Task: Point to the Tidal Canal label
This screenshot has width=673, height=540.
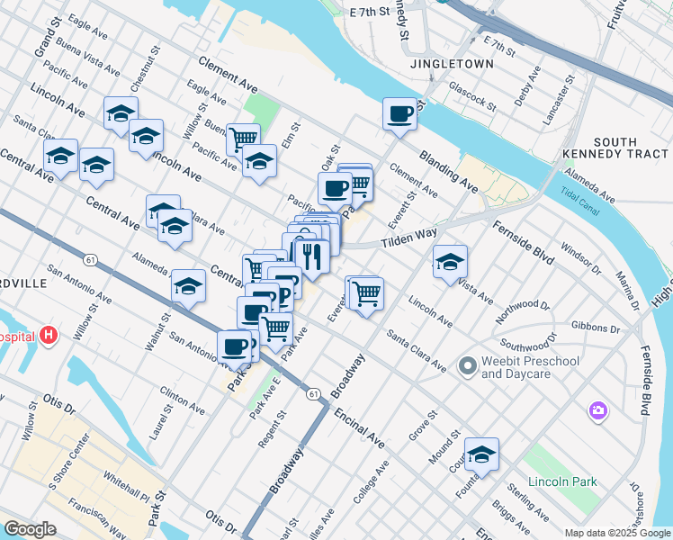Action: click(578, 196)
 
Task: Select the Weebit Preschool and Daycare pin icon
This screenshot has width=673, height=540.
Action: click(467, 366)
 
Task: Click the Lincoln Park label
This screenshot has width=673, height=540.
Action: click(562, 481)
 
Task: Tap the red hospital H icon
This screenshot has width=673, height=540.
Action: click(49, 337)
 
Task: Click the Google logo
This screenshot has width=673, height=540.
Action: click(30, 529)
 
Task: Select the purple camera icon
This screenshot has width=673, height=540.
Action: click(597, 411)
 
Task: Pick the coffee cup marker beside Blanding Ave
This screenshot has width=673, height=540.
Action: click(399, 114)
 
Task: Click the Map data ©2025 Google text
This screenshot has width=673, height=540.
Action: click(615, 533)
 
